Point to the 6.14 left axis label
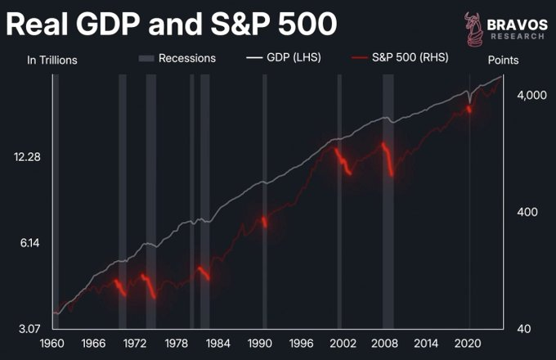(x=28, y=243)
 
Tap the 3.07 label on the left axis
(x=28, y=329)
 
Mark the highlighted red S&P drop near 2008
(x=388, y=160)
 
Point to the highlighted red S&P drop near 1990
(x=264, y=221)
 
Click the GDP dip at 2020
(x=469, y=101)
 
